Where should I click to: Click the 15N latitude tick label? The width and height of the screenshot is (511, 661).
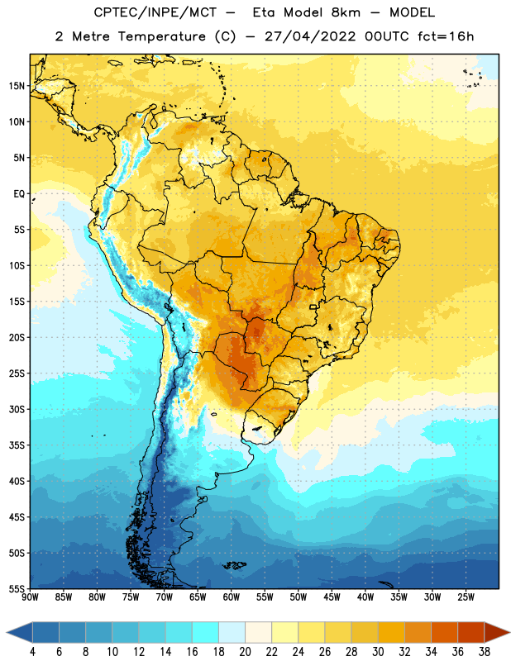coord(17,86)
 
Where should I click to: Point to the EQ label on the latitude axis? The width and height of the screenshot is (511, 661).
coord(19,194)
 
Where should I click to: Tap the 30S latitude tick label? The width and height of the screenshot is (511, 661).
coord(17,409)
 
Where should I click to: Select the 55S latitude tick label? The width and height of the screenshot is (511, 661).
coord(17,588)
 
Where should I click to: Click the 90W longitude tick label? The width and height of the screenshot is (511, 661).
coord(30,597)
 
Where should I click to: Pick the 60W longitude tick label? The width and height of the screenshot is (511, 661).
coord(232,597)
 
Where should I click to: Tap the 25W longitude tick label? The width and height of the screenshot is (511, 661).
coord(466,597)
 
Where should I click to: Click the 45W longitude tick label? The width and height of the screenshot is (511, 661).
coord(332,597)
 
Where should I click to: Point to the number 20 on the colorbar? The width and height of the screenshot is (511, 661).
coord(245,652)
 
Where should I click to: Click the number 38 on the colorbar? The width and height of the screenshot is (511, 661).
coord(484,652)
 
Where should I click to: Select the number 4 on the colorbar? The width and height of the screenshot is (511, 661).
coord(32,652)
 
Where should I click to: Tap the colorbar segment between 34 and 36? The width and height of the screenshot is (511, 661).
coord(444,632)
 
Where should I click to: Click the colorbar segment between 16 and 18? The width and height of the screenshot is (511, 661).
coord(206,632)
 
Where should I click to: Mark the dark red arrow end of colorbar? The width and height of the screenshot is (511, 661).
coord(497,632)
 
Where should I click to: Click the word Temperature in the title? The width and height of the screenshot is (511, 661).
coord(161,36)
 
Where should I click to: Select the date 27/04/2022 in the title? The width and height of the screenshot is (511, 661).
coord(311,36)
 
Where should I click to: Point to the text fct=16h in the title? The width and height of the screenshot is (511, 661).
coord(446,36)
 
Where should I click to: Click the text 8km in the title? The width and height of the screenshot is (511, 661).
coord(346,12)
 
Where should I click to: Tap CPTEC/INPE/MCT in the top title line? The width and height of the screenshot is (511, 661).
coord(155,12)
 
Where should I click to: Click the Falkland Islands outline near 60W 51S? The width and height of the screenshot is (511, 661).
coord(235,565)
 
